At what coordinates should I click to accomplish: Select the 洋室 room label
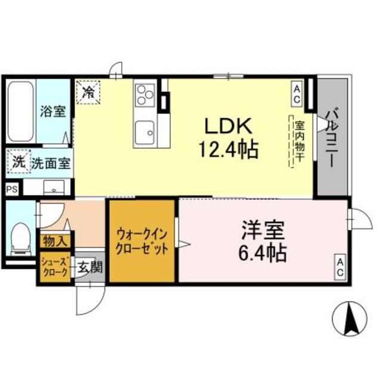[x=262, y=230]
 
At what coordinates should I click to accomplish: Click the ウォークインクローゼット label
[x=142, y=241]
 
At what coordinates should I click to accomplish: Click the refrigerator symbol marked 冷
[x=88, y=93]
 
